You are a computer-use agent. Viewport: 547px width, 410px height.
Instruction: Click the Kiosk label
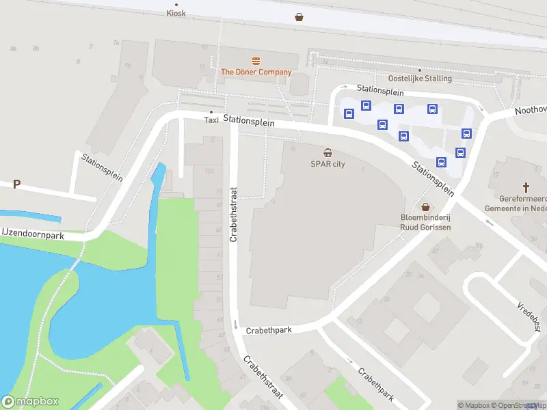(176, 13)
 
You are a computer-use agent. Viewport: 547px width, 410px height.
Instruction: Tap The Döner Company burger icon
(256, 61)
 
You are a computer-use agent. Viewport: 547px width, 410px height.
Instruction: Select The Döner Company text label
(256, 72)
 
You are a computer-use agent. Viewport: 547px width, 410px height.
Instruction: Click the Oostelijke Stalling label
(420, 78)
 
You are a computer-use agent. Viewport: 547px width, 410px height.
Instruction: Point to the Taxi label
(211, 120)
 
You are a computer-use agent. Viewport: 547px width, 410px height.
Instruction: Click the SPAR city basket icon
(328, 153)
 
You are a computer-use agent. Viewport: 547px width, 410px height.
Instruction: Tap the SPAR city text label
(328, 164)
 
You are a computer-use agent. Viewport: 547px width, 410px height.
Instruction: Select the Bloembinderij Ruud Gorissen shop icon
(425, 206)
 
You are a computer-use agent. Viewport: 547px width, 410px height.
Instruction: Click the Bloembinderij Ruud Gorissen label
(425, 222)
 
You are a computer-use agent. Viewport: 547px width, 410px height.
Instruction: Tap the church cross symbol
(526, 186)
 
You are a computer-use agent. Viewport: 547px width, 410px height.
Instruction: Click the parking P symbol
(16, 184)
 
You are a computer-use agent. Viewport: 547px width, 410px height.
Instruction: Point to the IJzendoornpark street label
(32, 234)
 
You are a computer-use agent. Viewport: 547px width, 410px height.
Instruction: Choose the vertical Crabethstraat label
(233, 215)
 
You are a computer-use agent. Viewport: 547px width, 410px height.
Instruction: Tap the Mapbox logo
(30, 402)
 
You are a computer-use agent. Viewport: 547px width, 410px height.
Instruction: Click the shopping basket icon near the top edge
(299, 17)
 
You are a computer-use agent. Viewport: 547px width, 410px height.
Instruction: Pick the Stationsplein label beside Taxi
(248, 120)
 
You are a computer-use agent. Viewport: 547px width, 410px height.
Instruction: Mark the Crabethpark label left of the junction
(269, 330)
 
